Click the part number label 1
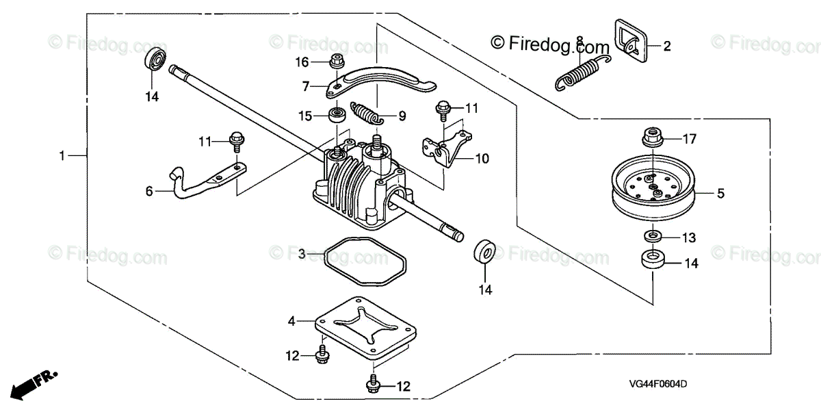pyautogui.click(x=62, y=156)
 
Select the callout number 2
pyautogui.click(x=667, y=47)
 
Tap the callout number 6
pyautogui.click(x=149, y=192)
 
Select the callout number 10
pyautogui.click(x=482, y=158)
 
